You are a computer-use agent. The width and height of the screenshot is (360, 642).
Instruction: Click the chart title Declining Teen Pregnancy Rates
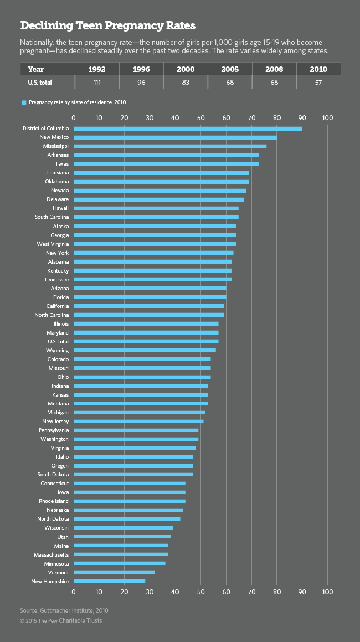[x=107, y=26]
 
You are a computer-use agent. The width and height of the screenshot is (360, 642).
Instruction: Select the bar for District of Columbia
[x=188, y=129]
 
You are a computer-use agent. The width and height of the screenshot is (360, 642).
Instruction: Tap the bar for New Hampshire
[x=109, y=581]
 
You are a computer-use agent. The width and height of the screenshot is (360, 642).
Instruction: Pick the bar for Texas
[x=166, y=164]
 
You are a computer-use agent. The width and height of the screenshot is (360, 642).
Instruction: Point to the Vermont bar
[x=114, y=572]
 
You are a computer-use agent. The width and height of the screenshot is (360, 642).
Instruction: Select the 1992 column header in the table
[x=97, y=70]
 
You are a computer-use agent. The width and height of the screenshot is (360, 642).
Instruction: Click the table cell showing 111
[x=97, y=83]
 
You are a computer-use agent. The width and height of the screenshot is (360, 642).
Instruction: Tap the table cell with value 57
[x=318, y=83]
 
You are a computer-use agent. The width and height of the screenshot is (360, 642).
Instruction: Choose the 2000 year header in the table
[x=186, y=70]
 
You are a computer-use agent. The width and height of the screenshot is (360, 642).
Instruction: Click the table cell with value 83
[x=186, y=83]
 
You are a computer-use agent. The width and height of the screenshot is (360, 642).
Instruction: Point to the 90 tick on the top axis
[x=302, y=117]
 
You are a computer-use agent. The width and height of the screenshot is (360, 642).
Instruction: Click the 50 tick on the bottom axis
[x=200, y=592]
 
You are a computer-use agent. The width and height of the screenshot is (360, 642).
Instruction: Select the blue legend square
[x=24, y=102]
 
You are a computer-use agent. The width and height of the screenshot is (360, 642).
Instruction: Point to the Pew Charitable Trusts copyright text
[x=61, y=620]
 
